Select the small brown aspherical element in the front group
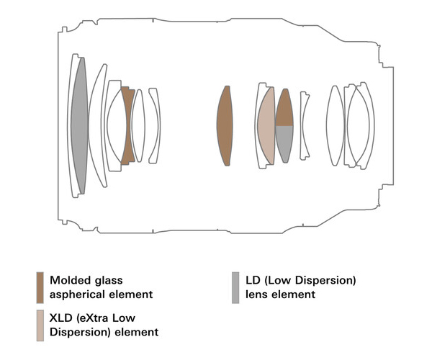(128, 126)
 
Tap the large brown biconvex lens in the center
(227, 126)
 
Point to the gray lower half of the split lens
(284, 143)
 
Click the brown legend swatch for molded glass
(40, 287)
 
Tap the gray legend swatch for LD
(235, 287)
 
